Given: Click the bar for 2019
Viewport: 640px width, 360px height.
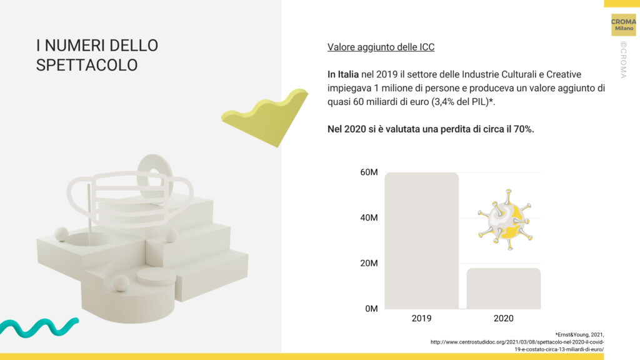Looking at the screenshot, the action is (422, 241).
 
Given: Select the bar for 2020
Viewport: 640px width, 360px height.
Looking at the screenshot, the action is (504, 288).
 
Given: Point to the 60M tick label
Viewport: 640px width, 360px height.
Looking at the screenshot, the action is (369, 172).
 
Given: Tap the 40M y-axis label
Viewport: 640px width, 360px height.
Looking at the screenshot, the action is (369, 217).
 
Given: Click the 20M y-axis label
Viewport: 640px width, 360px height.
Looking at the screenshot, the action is (369, 263).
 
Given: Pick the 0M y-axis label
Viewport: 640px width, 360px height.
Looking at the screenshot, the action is (371, 309).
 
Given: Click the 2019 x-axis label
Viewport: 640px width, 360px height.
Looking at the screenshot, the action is (422, 318).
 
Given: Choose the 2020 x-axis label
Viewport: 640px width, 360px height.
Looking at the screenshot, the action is (504, 318).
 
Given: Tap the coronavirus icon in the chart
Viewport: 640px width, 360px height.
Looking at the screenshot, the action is (505, 219).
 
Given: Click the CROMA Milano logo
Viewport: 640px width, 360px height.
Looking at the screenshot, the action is (623, 25).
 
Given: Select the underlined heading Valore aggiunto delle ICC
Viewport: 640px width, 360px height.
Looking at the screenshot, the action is (381, 47).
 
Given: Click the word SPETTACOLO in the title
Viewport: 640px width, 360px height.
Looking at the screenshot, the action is (87, 65).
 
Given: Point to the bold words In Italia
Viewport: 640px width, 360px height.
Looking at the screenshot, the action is (343, 74).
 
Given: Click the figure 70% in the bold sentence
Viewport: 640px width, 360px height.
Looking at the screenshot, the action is (524, 129).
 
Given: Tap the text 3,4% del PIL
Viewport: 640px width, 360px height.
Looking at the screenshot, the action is (461, 102).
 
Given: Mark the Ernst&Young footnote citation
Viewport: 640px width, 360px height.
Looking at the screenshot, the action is (517, 342).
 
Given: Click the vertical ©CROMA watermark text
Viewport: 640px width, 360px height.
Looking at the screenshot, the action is (623, 59).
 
